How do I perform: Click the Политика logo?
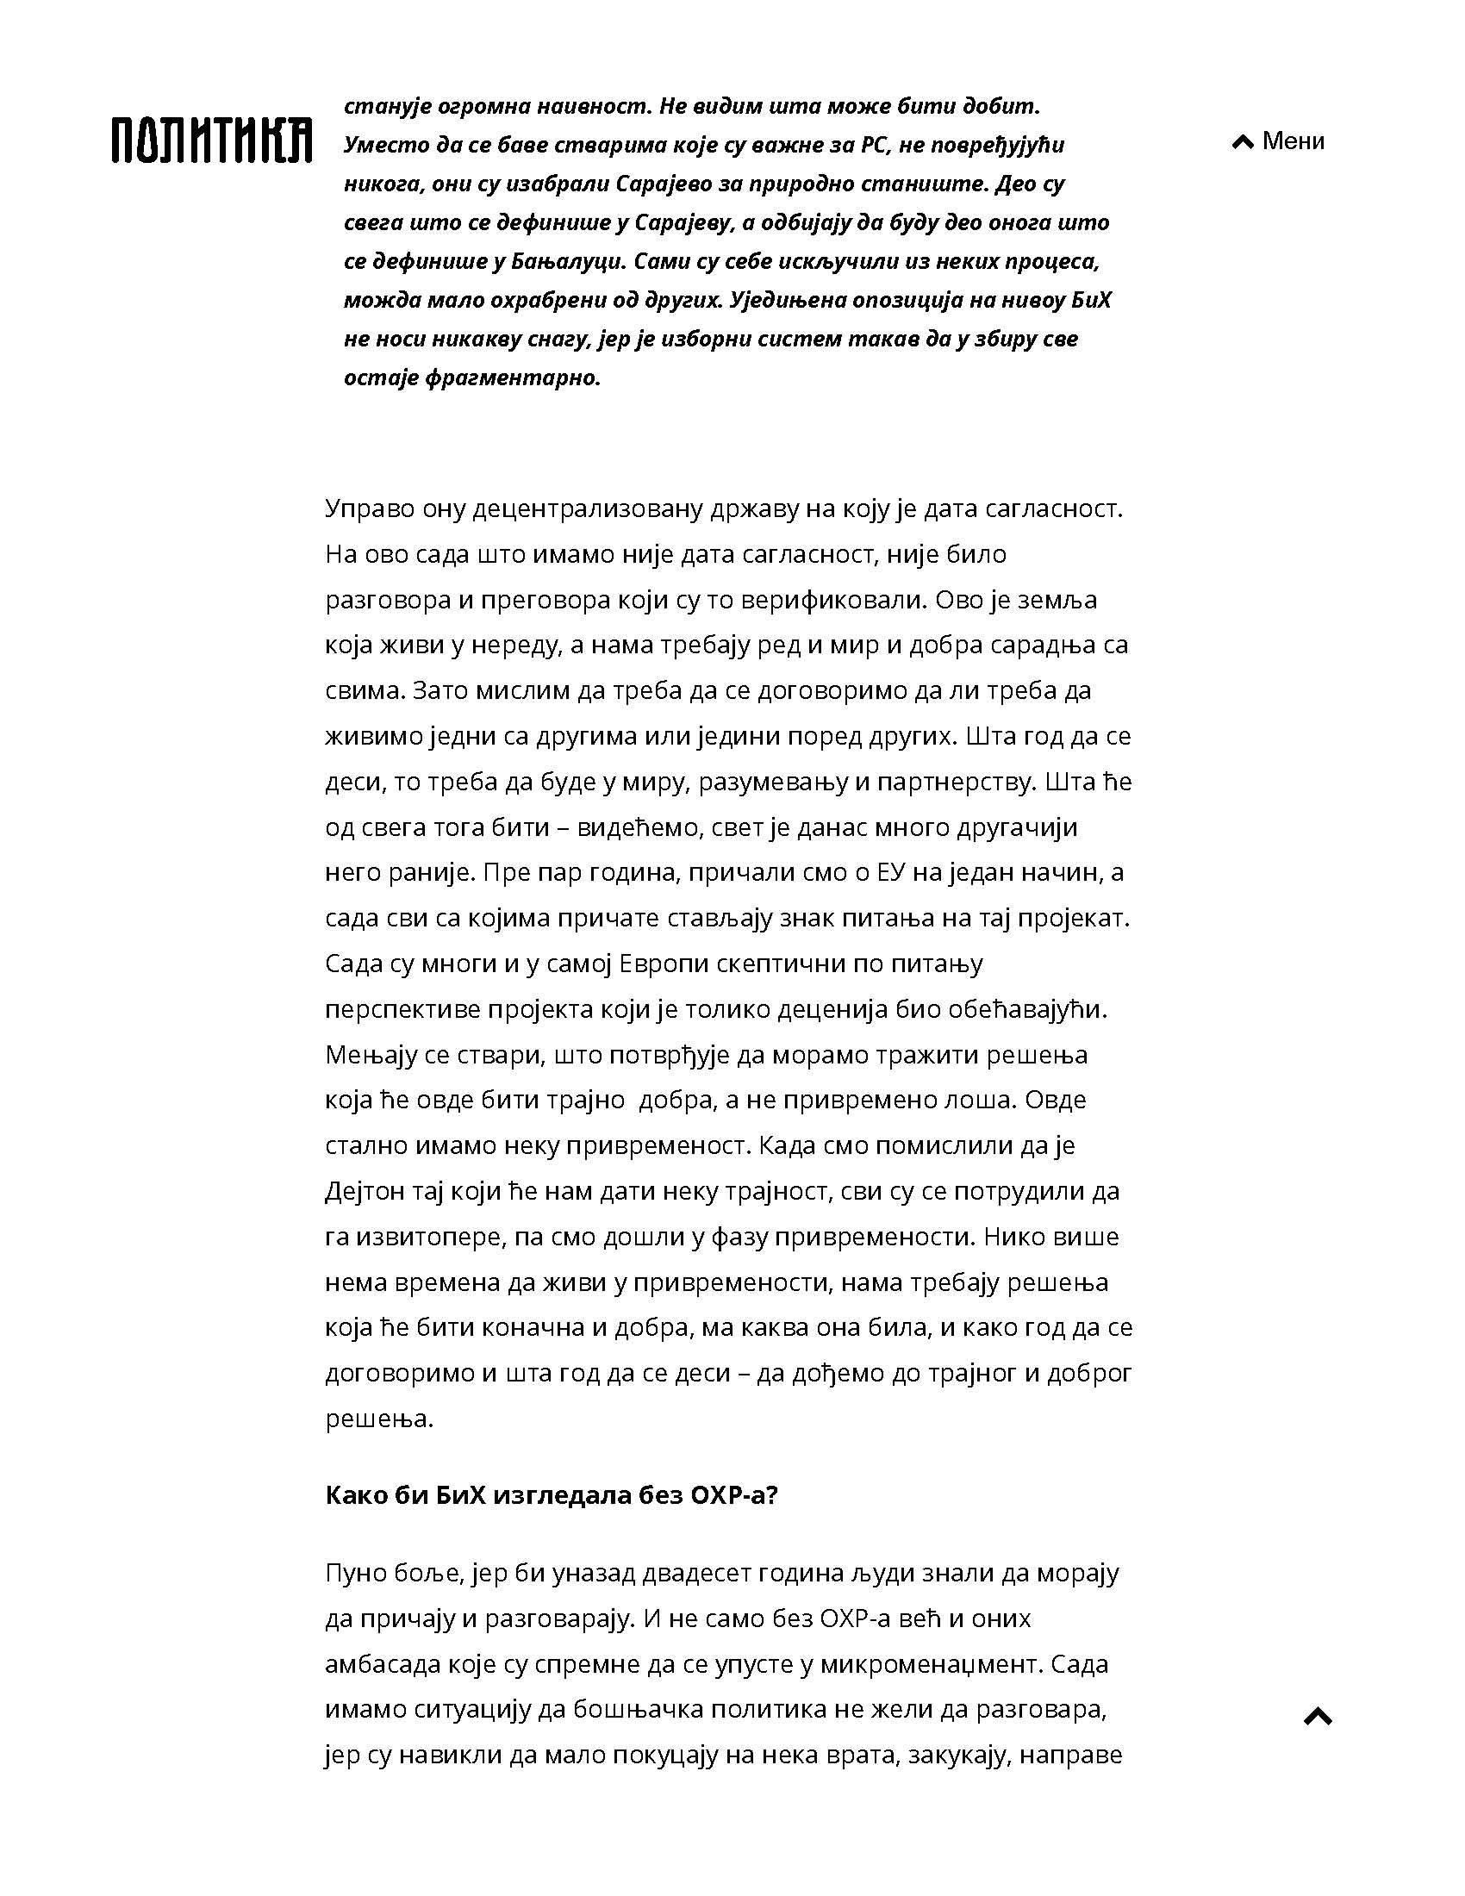[x=212, y=139]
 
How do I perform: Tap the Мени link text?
[x=1294, y=140]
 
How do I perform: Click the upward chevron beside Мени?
[x=1243, y=141]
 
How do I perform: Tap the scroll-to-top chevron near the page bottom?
[x=1318, y=1716]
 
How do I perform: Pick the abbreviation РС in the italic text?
[x=871, y=145]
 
